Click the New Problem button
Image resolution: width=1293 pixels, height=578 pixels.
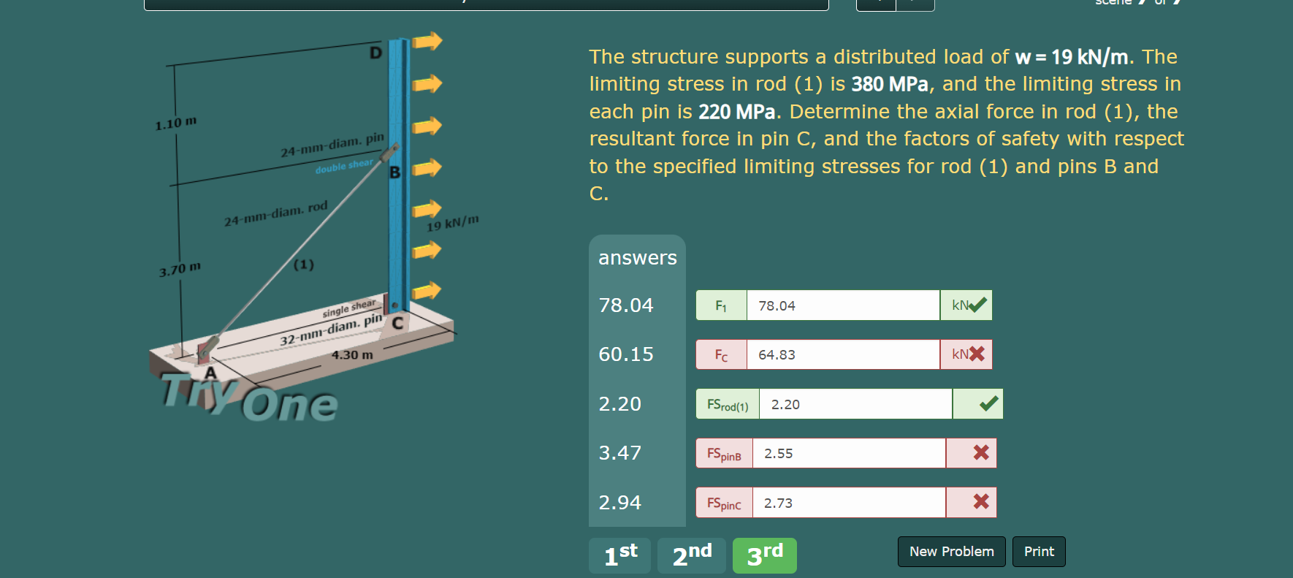pos(951,552)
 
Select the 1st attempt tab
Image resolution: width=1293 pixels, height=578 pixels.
pos(619,555)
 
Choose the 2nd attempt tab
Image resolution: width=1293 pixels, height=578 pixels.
pos(691,555)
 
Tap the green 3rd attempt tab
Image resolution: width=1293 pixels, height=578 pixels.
pos(764,555)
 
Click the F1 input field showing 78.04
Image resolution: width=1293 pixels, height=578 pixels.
pos(842,305)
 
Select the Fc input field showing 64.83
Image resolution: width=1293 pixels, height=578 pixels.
pos(842,354)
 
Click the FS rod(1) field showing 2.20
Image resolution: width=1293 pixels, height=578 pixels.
pos(855,404)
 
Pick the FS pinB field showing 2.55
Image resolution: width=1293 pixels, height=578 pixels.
pos(848,453)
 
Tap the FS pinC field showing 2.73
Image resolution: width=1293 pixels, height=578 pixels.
pos(848,503)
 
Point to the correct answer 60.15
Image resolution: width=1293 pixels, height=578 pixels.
pos(626,354)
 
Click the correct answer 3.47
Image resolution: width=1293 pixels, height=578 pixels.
pos(619,453)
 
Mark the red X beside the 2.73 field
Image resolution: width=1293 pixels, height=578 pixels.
pos(981,502)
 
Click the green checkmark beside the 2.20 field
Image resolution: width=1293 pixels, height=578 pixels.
pos(988,403)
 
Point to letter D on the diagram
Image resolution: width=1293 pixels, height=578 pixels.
pos(375,53)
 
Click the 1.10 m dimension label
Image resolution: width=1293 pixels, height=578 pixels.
pos(175,123)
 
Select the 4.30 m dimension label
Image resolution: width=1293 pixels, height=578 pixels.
pos(352,355)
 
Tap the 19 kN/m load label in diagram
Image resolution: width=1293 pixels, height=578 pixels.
pos(452,222)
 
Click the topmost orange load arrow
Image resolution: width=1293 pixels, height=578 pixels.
pos(427,41)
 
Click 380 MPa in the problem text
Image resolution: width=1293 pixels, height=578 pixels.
pos(889,85)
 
